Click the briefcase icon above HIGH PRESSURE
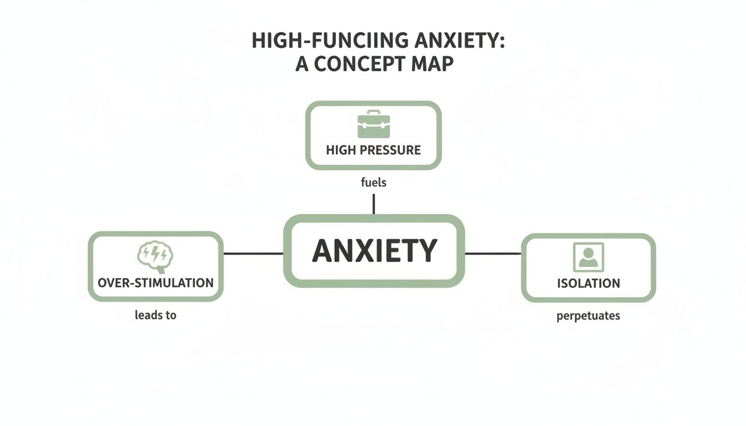tap(373, 124)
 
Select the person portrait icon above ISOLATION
tap(588, 257)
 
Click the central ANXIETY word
tap(374, 251)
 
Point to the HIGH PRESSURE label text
tap(373, 150)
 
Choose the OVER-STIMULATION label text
tap(155, 282)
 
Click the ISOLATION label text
tap(588, 283)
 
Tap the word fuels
tap(373, 182)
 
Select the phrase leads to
tap(155, 315)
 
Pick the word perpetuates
tap(588, 316)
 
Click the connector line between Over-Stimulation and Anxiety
tap(253, 253)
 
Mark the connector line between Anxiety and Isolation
tap(492, 253)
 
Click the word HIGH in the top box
tap(341, 150)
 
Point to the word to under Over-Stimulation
tap(170, 315)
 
